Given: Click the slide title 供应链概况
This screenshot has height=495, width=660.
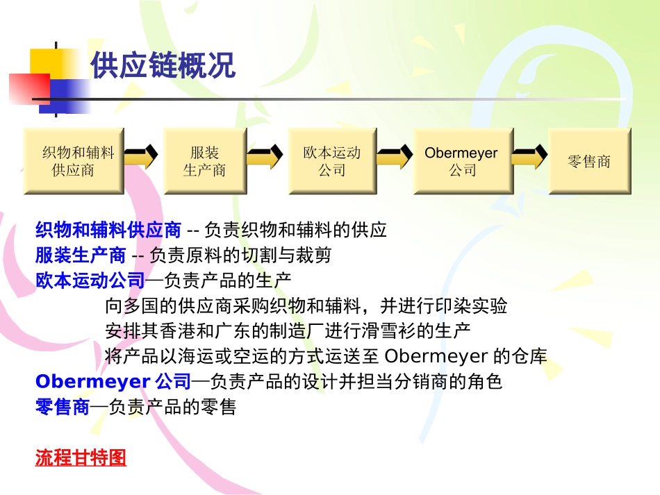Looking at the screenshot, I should [x=163, y=66].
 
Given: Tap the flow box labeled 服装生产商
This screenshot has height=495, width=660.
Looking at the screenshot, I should [x=204, y=161].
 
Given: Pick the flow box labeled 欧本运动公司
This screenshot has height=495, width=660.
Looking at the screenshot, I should [x=332, y=161].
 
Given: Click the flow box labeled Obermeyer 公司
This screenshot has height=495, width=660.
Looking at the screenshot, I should [x=462, y=161].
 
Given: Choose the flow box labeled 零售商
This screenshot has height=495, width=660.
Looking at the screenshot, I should [x=589, y=161].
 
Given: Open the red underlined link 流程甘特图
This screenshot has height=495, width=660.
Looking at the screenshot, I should [x=81, y=458].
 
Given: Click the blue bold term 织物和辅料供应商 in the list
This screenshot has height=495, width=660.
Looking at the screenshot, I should [x=108, y=230].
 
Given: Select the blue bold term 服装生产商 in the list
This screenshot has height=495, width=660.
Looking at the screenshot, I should [x=81, y=255].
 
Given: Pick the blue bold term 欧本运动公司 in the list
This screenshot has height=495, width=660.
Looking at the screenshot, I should [x=90, y=280].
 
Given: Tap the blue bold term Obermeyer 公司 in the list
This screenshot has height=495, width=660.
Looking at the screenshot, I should [x=113, y=381].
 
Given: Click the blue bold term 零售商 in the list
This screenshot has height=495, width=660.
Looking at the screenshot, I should [x=63, y=407].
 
